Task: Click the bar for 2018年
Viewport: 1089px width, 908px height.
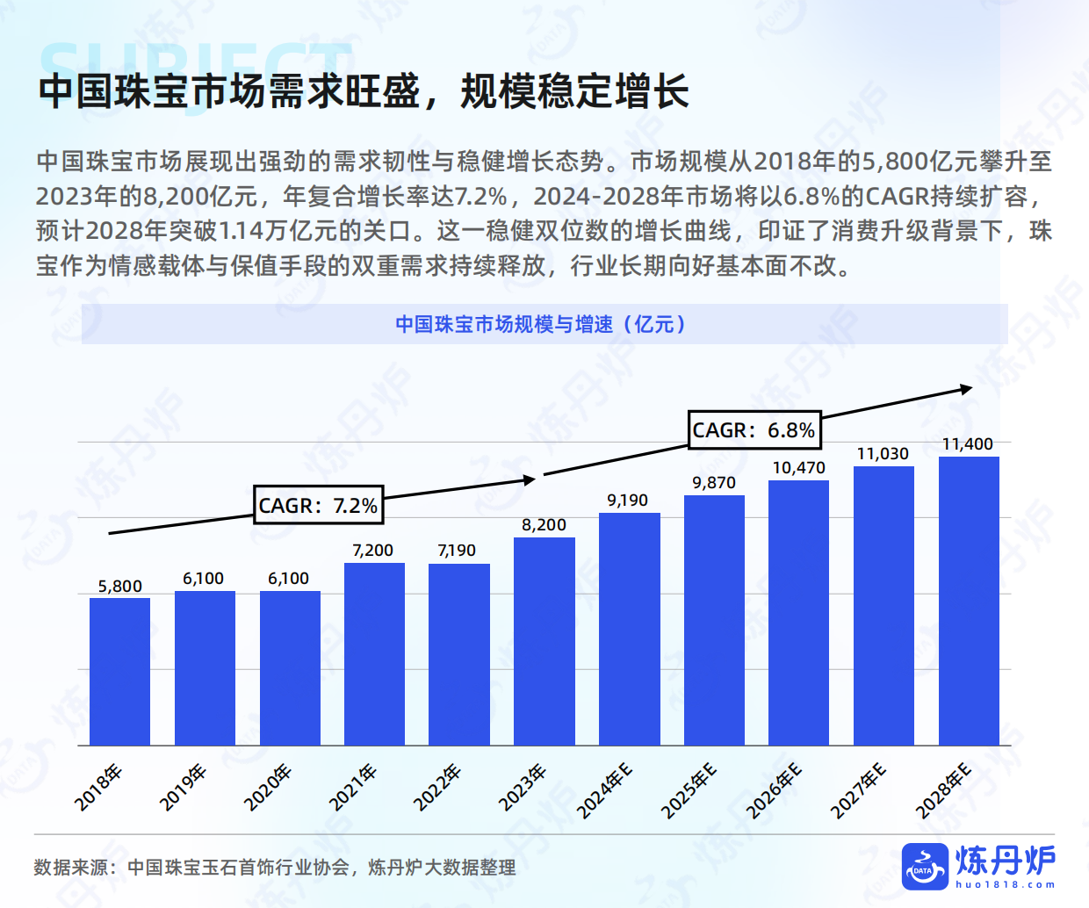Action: (119, 671)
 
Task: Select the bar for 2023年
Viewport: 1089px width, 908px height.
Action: (544, 641)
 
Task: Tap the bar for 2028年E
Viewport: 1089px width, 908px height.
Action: (969, 601)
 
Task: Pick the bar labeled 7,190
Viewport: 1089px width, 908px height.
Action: (459, 654)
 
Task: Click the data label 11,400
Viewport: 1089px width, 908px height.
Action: (967, 444)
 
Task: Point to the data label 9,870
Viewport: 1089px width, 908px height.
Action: (714, 483)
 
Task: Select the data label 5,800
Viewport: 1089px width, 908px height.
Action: (119, 587)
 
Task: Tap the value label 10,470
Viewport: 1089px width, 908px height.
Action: (798, 468)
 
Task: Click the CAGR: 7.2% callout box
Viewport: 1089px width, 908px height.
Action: (318, 506)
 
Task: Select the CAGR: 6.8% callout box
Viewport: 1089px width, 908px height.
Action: (754, 430)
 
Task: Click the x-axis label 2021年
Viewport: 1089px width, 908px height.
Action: (352, 787)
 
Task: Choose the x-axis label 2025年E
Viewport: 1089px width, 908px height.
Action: (689, 791)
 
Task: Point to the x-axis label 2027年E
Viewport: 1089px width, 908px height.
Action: (858, 791)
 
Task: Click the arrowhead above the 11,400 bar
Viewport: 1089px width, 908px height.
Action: (966, 389)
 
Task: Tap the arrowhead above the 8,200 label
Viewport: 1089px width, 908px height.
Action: (529, 479)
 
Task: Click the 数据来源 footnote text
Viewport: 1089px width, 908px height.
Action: (274, 868)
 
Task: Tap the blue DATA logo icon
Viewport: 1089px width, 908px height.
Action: (925, 866)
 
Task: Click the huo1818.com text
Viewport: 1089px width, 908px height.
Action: (1006, 885)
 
